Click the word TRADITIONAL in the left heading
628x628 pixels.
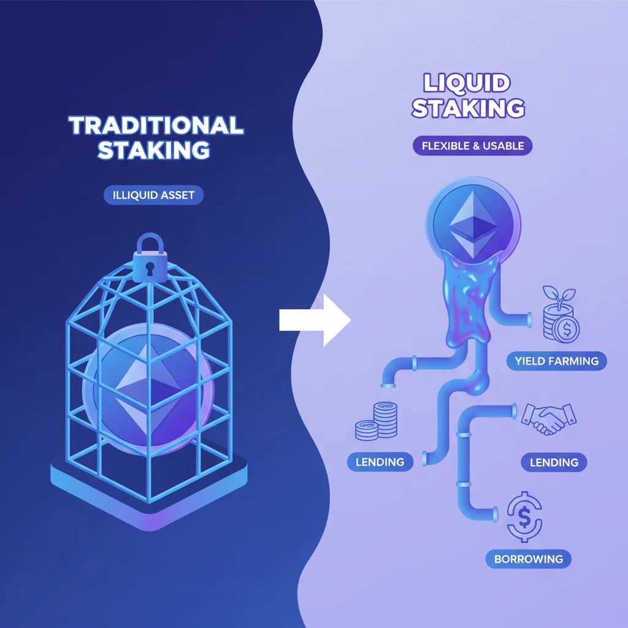[x=156, y=126]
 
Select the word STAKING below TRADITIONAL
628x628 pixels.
[x=154, y=150]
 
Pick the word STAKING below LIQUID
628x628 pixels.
[x=468, y=108]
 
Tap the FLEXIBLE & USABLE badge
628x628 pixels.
[x=472, y=147]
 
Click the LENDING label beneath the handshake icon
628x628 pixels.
[x=553, y=462]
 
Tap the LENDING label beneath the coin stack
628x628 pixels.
[x=380, y=461]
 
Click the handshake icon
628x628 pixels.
[x=548, y=418]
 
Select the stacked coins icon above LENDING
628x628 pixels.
[x=375, y=422]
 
